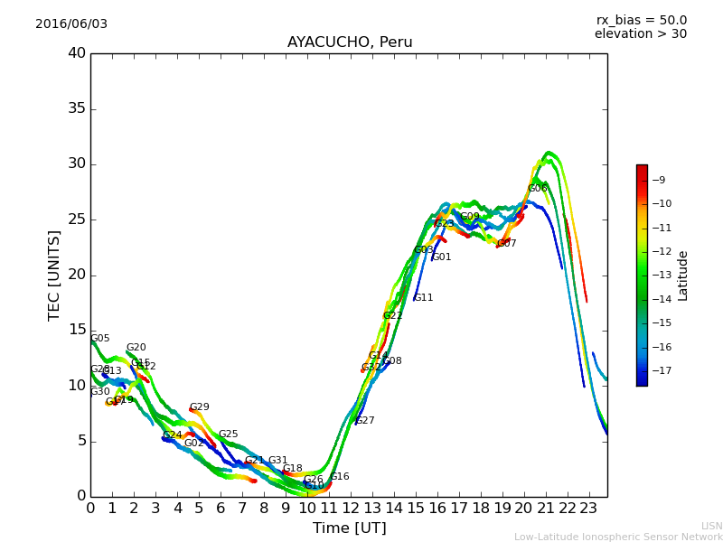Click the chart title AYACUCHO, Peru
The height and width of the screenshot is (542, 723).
350,42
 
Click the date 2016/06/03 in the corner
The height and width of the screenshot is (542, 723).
71,23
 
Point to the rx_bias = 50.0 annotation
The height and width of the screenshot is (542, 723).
642,20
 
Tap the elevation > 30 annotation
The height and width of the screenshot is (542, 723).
641,34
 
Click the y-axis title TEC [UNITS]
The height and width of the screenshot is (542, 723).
54,275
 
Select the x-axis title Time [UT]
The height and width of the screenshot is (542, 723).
349,528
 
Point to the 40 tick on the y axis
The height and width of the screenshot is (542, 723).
77,53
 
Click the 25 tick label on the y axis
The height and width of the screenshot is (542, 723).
77,220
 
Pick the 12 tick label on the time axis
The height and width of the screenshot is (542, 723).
351,509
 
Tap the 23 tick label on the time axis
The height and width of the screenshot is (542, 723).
589,509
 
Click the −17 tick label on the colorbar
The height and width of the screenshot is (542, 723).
658,370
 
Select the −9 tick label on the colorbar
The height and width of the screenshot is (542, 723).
658,180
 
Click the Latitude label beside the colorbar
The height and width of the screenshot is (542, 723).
682,276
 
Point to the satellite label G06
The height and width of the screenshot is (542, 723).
538,189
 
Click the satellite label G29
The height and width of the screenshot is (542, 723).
199,407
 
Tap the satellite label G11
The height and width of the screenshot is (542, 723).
423,298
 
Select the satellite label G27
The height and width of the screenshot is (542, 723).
364,421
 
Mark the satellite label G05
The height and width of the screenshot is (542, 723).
99,339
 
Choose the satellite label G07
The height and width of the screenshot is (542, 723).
507,244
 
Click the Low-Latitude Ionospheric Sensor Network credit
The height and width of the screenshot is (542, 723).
618,537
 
